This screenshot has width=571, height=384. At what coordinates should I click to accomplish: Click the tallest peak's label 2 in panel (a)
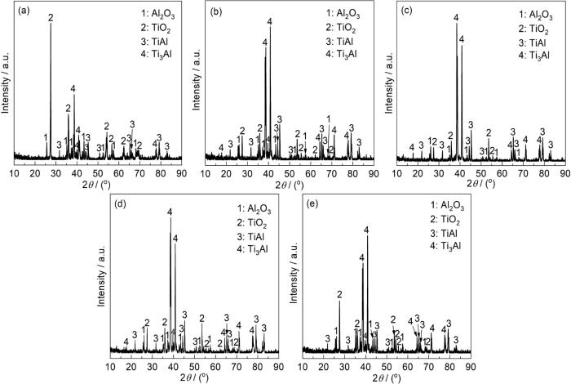51,17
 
